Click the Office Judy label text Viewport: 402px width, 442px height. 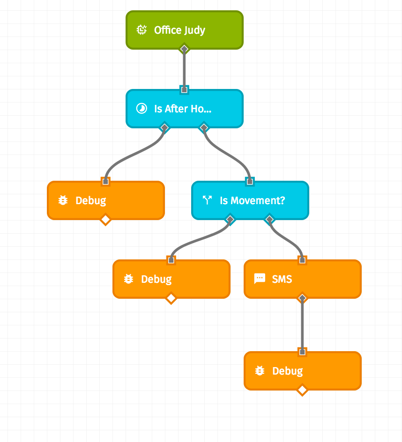click(x=179, y=30)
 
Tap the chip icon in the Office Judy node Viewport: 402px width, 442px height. click(x=141, y=30)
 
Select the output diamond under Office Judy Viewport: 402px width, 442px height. click(x=184, y=49)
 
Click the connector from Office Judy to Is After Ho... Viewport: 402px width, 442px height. click(x=184, y=69)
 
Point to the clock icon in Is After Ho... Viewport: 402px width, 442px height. click(x=141, y=109)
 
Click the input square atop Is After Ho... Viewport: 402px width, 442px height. click(x=184, y=89)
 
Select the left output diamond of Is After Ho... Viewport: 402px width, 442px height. click(x=164, y=127)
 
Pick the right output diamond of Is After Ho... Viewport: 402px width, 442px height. click(x=204, y=127)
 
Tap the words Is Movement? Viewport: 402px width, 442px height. click(x=252, y=201)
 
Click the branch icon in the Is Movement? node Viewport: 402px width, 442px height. click(x=207, y=201)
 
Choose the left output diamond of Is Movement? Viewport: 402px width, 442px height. click(x=230, y=219)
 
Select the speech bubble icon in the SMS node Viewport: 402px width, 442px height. click(x=259, y=280)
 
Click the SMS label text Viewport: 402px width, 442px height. click(x=282, y=280)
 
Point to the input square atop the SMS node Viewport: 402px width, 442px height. click(x=302, y=260)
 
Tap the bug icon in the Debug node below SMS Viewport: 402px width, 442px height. click(x=259, y=371)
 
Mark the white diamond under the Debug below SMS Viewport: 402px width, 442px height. click(x=302, y=390)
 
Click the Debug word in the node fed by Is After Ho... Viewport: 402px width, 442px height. click(x=90, y=201)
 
